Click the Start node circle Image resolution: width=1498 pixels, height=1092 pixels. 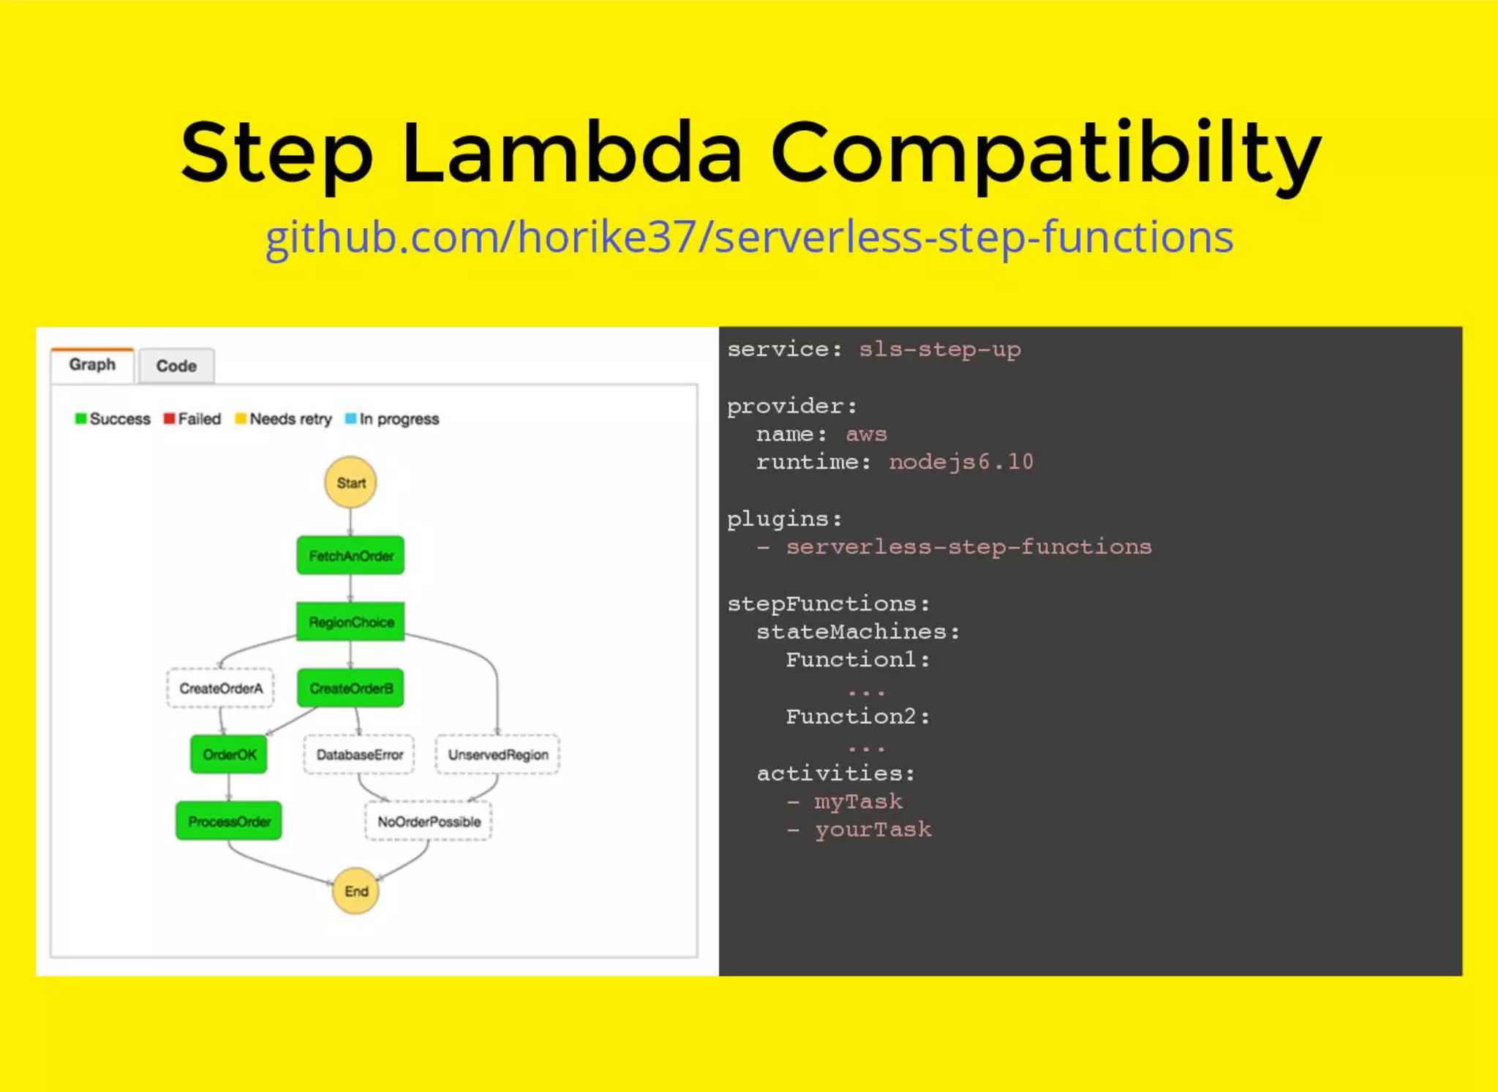click(x=350, y=483)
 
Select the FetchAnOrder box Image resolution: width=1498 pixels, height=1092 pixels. click(x=350, y=556)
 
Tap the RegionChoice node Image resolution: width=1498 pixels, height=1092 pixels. click(x=350, y=622)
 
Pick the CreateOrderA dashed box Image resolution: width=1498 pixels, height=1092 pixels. click(x=220, y=688)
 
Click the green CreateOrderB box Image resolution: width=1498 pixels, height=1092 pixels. click(x=350, y=688)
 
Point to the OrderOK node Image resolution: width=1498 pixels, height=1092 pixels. click(x=229, y=754)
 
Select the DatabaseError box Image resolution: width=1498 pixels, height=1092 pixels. click(x=359, y=754)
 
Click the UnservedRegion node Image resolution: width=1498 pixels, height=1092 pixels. click(x=497, y=754)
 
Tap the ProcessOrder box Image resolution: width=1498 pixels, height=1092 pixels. click(x=229, y=821)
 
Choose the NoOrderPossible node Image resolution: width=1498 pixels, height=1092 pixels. click(x=429, y=821)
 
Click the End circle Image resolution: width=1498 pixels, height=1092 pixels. click(x=355, y=891)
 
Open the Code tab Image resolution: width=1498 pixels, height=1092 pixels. click(x=176, y=366)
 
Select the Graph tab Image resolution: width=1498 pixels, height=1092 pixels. click(x=92, y=364)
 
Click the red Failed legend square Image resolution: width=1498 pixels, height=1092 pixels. click(x=169, y=418)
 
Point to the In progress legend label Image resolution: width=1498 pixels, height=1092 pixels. click(x=399, y=419)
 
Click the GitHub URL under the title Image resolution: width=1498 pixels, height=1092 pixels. click(x=749, y=237)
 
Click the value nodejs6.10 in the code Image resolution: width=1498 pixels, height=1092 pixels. click(x=960, y=462)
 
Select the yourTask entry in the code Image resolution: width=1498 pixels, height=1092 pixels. click(x=873, y=829)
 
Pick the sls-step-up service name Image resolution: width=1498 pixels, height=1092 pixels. click(x=939, y=350)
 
